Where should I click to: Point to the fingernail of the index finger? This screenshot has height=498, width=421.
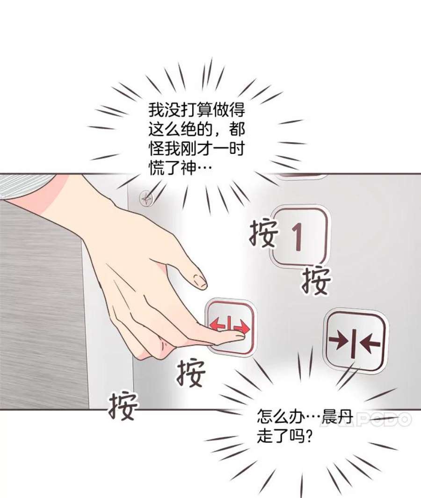(201, 281)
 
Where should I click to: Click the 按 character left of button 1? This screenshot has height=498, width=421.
(263, 233)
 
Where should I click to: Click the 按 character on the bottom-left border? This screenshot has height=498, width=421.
(123, 405)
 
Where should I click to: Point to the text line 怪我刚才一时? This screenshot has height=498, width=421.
(196, 149)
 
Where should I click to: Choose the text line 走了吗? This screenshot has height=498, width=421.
(285, 436)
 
